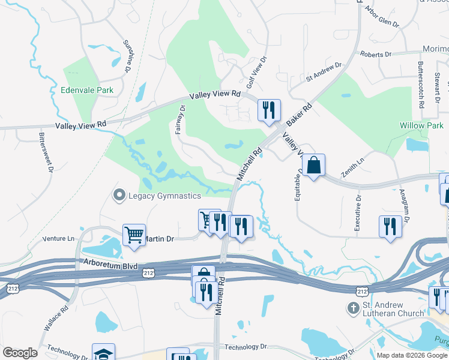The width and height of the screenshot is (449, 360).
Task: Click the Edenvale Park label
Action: click(x=87, y=91)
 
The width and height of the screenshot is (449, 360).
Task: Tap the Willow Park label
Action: click(x=421, y=126)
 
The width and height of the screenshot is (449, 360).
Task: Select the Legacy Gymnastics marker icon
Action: click(x=119, y=196)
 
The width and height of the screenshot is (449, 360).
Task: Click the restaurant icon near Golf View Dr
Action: click(x=268, y=109)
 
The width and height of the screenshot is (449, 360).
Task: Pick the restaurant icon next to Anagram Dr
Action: click(x=391, y=226)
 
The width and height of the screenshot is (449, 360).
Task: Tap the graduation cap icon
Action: click(x=103, y=353)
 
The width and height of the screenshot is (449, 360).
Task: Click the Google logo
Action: click(x=20, y=352)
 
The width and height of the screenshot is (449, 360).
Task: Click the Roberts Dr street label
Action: click(x=376, y=54)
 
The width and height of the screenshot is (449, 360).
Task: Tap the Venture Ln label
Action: click(x=58, y=238)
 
